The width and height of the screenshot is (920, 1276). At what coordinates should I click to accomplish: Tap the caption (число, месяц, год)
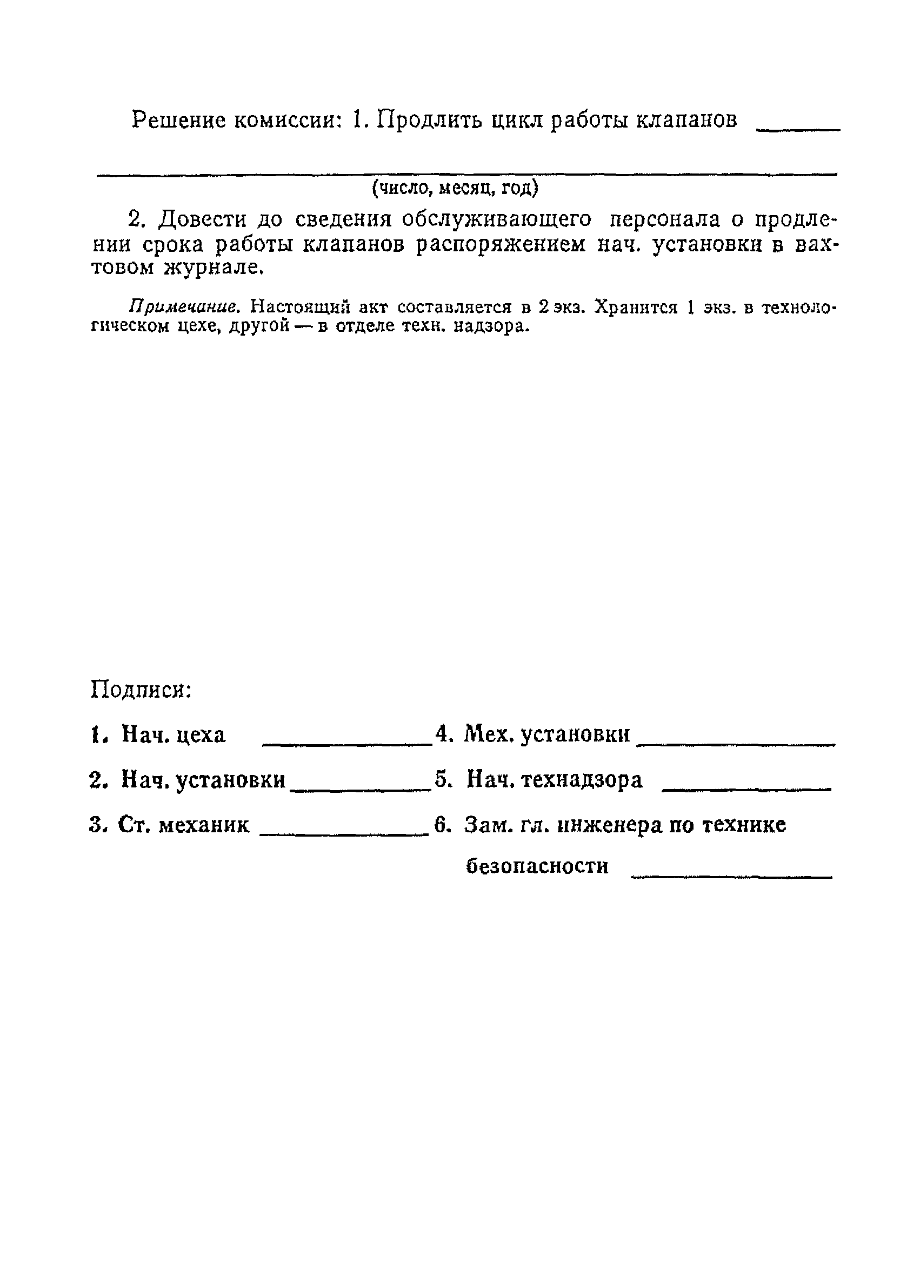tap(455, 188)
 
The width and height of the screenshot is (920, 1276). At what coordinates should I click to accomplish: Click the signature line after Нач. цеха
tap(347, 745)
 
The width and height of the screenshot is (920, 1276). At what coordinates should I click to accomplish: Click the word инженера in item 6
tap(609, 825)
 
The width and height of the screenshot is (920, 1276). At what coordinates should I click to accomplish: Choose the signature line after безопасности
tap(731, 876)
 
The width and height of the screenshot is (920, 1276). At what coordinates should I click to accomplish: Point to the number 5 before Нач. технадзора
tap(441, 780)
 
